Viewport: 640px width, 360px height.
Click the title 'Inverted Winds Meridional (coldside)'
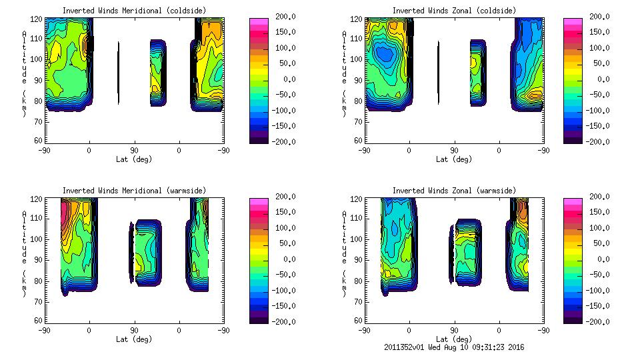(134, 11)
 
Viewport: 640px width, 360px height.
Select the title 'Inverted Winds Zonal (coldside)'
(454, 11)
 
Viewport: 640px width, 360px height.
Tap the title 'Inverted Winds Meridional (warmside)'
(134, 191)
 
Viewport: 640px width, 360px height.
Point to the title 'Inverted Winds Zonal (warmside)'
(454, 191)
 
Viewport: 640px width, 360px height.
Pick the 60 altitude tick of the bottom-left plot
(39, 320)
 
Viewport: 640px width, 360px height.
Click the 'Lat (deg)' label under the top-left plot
(134, 159)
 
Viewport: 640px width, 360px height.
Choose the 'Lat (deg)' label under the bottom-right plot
(454, 339)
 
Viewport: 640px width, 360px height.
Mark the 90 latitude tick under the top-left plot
(134, 151)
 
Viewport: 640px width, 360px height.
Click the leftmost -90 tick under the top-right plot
(364, 151)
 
